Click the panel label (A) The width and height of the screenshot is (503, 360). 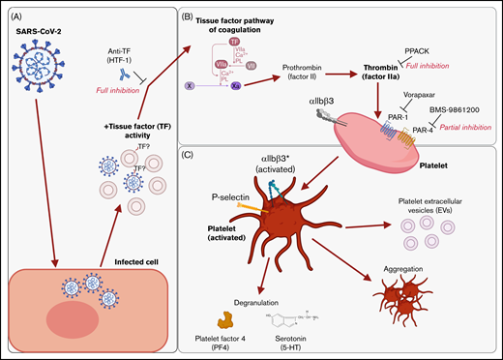15,14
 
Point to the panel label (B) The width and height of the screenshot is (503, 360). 196,15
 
